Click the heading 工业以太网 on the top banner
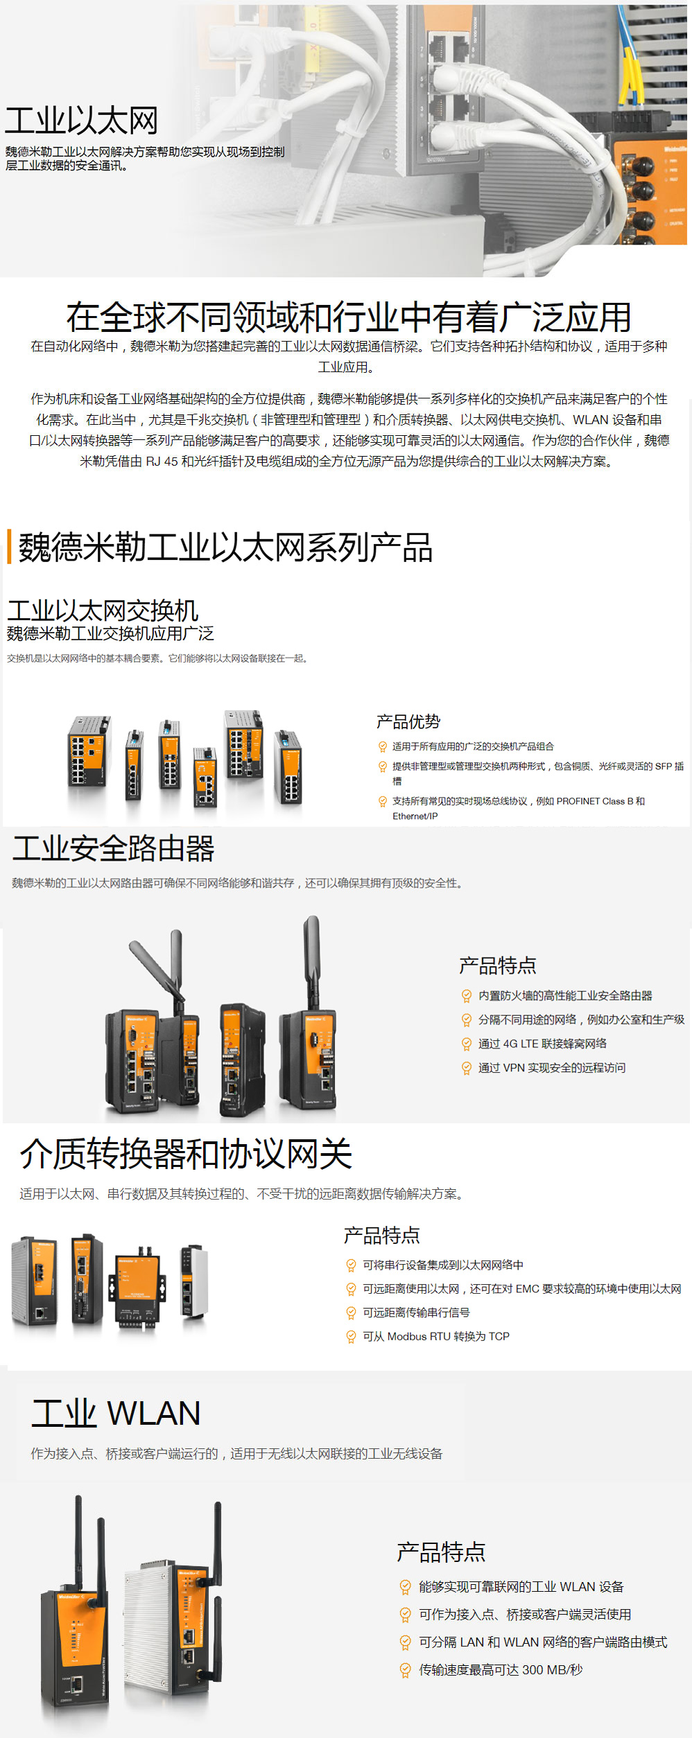[82, 121]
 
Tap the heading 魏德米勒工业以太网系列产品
[225, 547]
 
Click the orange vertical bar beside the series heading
[9, 547]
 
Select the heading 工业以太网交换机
[103, 611]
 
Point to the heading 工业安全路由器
[114, 848]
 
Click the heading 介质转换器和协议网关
[186, 1155]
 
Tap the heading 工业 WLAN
[116, 1413]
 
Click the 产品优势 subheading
[408, 722]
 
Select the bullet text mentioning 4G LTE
[542, 1044]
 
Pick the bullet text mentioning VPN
[552, 1068]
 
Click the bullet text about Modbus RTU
[436, 1336]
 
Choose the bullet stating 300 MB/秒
[501, 1670]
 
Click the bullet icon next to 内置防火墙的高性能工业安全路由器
[467, 997]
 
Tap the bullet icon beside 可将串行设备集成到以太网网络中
[351, 1265]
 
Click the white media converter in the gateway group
[195, 1281]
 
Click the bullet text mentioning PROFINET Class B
[519, 809]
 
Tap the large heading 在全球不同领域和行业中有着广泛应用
[349, 317]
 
